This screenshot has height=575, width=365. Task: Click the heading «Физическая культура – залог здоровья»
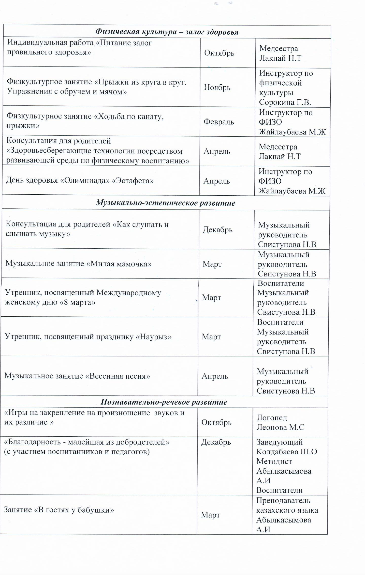click(x=167, y=32)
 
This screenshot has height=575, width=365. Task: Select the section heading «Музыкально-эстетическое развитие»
click(x=165, y=203)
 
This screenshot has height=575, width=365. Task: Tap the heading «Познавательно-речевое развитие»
click(x=164, y=402)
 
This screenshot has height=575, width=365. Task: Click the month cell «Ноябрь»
click(x=217, y=87)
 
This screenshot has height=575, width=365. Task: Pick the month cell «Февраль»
click(x=218, y=122)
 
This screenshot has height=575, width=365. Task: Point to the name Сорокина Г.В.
click(x=285, y=102)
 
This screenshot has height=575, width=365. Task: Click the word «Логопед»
click(x=272, y=418)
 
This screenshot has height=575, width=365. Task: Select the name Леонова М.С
click(x=280, y=427)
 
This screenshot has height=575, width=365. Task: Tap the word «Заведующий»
click(x=279, y=442)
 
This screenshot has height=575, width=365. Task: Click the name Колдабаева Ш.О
click(x=286, y=452)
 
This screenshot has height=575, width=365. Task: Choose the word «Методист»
click(x=274, y=461)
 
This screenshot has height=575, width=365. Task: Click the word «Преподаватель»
click(x=283, y=500)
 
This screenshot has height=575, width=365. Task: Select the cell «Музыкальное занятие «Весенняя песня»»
click(x=77, y=376)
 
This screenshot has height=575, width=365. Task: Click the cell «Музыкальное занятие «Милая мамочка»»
click(x=78, y=263)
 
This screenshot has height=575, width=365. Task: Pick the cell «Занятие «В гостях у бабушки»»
click(x=59, y=510)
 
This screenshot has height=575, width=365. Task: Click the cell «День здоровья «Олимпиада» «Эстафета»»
click(x=80, y=181)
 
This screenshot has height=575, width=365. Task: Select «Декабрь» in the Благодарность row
click(x=216, y=442)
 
